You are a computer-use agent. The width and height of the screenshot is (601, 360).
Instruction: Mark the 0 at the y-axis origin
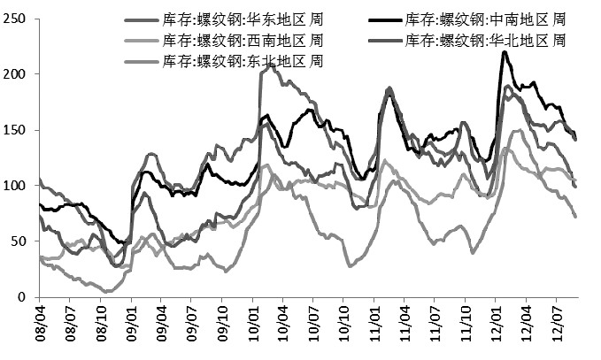click(25, 298)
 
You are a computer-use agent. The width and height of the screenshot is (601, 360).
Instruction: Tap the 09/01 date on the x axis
click(132, 324)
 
